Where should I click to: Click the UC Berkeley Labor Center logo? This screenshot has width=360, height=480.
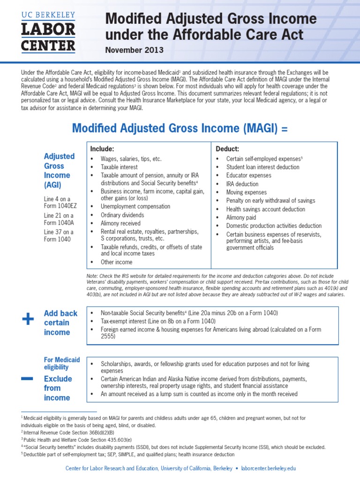pos(48,31)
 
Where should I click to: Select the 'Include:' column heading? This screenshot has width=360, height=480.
pos(102,149)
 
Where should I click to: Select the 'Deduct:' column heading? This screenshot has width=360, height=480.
pos(227,149)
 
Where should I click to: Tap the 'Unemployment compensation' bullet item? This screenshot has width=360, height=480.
pos(135,206)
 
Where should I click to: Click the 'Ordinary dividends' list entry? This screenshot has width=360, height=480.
pos(122,215)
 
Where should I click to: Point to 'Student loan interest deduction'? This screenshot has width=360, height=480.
pos(262,167)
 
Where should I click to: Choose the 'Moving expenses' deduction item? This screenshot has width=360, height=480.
pos(246,192)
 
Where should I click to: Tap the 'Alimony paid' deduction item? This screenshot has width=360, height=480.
pos(241,217)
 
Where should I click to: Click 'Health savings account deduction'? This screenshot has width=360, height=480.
pos(265,209)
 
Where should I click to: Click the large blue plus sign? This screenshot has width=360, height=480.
pos(28,320)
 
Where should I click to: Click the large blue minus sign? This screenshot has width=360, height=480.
pos(27,378)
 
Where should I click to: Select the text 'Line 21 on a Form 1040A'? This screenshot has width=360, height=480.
pos(59,219)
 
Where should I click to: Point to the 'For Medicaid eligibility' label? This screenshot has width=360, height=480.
pos(62,363)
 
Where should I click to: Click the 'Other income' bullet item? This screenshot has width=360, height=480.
pos(116,262)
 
